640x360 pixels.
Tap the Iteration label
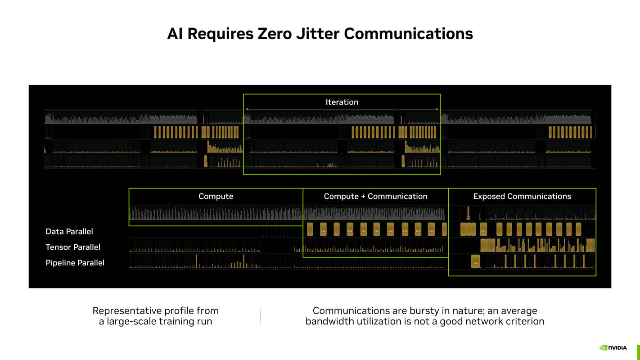tap(342, 102)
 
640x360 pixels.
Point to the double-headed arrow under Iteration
tap(342, 109)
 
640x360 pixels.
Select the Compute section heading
tap(216, 196)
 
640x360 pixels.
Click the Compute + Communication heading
tap(375, 196)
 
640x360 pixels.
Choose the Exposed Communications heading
tap(522, 196)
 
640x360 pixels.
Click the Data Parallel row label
tap(69, 231)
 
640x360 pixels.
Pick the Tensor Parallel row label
tap(73, 247)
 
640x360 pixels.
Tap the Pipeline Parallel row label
tap(75, 263)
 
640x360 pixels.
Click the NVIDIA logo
tap(613, 347)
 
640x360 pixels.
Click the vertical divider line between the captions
tap(261, 316)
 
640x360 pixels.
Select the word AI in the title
tap(175, 34)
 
